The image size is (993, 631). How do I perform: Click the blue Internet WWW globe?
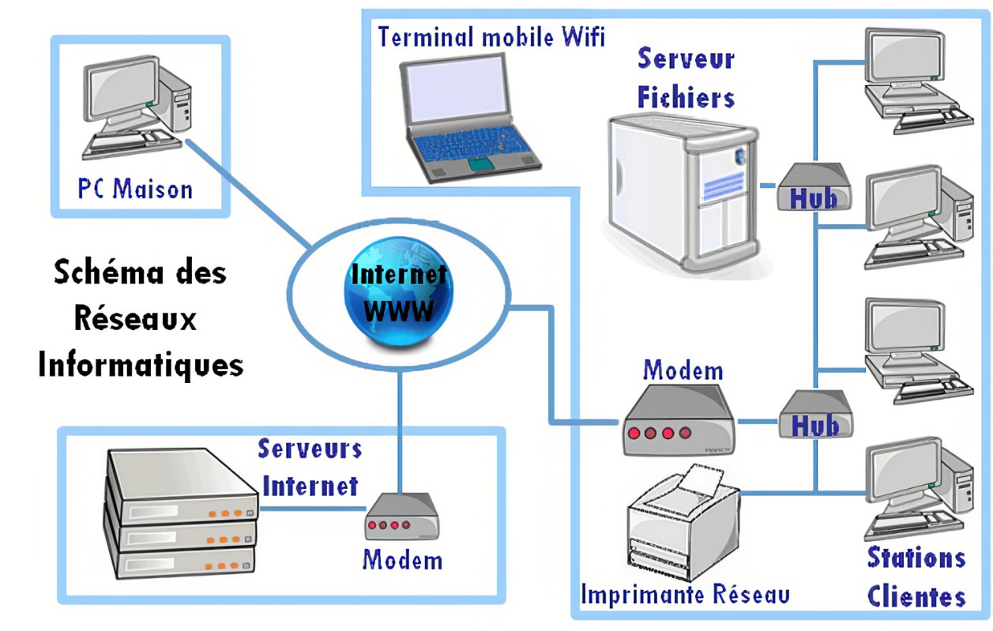pyautogui.click(x=399, y=293)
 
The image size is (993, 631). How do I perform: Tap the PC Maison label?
pyautogui.click(x=135, y=190)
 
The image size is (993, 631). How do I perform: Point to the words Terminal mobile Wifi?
pyautogui.click(x=491, y=36)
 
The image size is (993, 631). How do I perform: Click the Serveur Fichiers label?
pyautogui.click(x=686, y=78)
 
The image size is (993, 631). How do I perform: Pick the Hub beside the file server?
pyautogui.click(x=814, y=188)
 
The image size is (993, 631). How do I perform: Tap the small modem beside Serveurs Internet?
pyautogui.click(x=402, y=516)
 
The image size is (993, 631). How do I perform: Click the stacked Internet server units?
pyautogui.click(x=181, y=513)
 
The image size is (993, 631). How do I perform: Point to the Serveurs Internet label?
pyautogui.click(x=310, y=468)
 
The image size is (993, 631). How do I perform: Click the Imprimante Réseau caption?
pyautogui.click(x=684, y=594)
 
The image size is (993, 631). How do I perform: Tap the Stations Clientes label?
pyautogui.click(x=916, y=577)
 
